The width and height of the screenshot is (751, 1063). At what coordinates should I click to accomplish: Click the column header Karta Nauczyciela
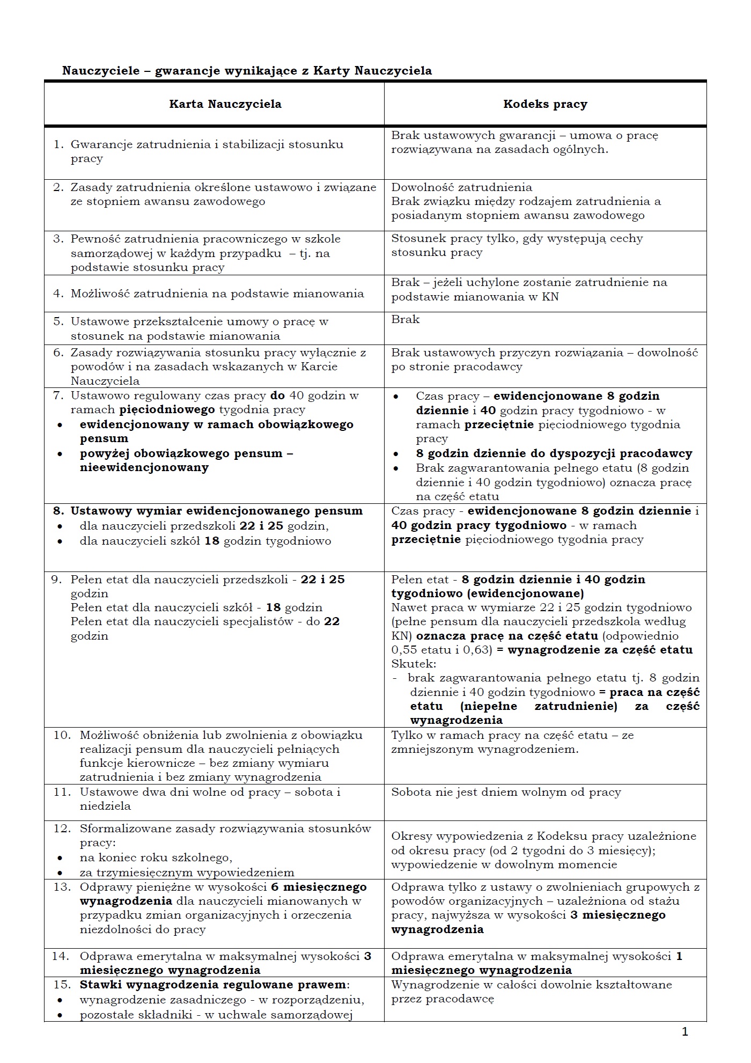click(x=225, y=104)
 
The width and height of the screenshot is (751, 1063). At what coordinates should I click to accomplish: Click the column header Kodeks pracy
click(x=545, y=104)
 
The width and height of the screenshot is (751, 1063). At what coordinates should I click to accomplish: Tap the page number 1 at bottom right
click(x=684, y=1031)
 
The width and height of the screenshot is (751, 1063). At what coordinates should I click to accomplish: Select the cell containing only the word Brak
click(x=406, y=320)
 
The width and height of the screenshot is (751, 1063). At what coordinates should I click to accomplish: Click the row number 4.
click(x=58, y=294)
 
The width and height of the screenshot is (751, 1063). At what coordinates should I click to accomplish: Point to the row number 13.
click(x=62, y=887)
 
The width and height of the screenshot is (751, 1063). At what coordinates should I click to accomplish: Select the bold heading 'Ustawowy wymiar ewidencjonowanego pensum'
click(x=217, y=511)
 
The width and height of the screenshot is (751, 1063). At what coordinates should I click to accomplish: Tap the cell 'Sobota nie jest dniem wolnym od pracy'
click(x=506, y=792)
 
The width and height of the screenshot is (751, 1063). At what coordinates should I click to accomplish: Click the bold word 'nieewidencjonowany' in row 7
click(x=144, y=467)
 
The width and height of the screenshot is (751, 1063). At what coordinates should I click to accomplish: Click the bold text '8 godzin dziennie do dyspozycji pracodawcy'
click(x=554, y=453)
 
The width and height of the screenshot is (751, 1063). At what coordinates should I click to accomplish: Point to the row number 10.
click(x=62, y=735)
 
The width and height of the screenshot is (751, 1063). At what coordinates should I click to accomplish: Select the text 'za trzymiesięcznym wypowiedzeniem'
click(x=187, y=873)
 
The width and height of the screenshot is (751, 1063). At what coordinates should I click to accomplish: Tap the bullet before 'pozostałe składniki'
click(x=60, y=1015)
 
